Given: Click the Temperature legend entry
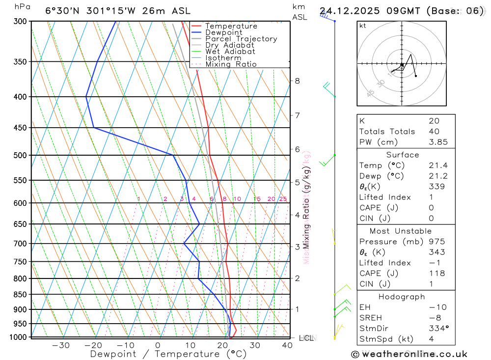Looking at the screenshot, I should tap(231, 26).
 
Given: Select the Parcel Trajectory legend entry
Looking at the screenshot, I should tap(241, 39).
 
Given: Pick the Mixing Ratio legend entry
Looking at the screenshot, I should tap(231, 64).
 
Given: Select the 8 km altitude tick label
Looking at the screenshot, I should tap(297, 81).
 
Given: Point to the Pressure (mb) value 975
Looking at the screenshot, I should tap(436, 242).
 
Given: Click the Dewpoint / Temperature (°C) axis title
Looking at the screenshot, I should tap(168, 354).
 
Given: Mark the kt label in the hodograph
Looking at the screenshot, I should tap(363, 26).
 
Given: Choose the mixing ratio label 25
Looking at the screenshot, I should tap(283, 199).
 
